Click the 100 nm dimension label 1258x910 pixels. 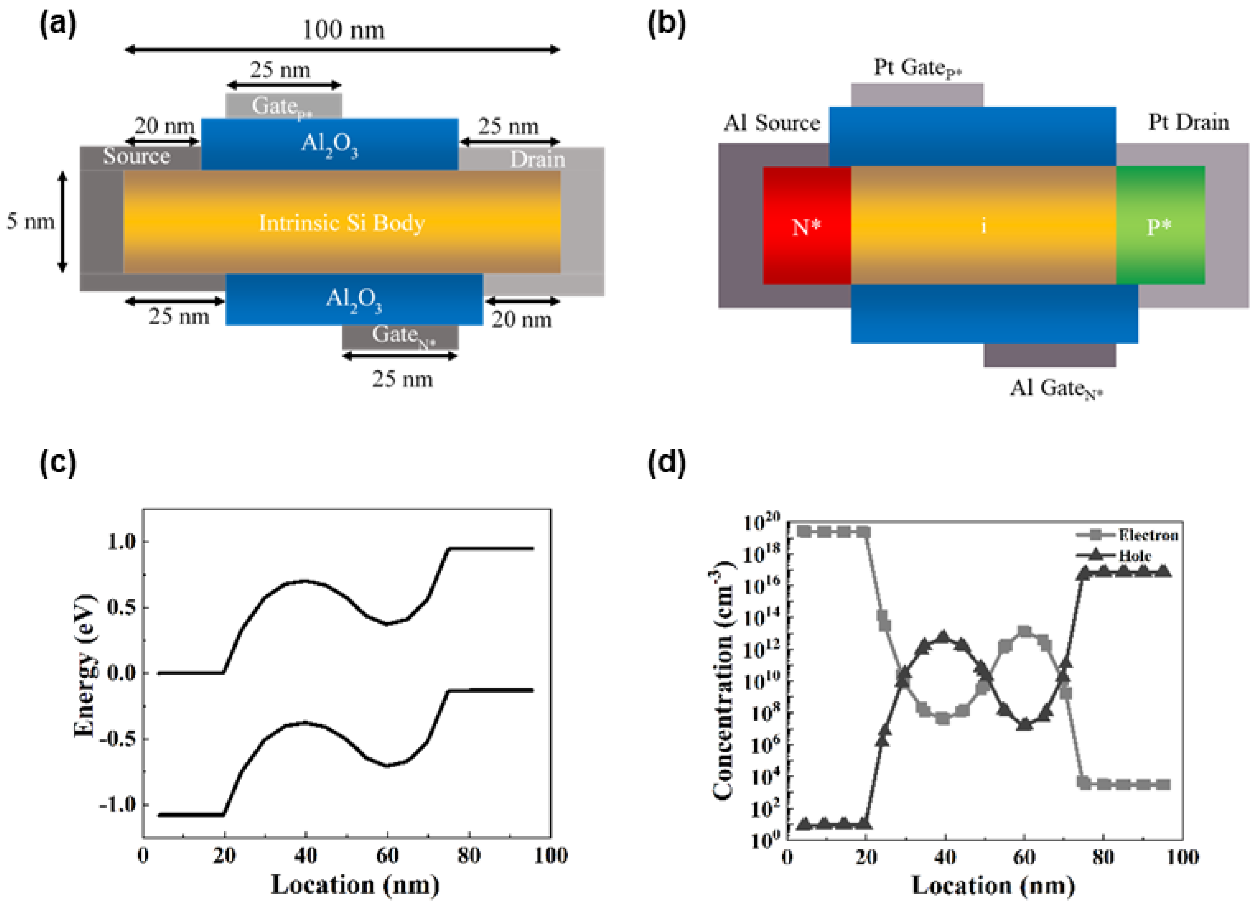tap(343, 30)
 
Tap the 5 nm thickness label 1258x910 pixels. tap(30, 222)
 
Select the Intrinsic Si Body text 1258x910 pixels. tap(342, 223)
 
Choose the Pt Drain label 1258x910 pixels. tap(1188, 123)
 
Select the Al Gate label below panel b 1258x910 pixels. tap(1055, 389)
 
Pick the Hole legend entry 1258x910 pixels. tap(1134, 555)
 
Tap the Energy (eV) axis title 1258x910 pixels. tap(84, 666)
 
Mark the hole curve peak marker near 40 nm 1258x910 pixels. tap(943, 636)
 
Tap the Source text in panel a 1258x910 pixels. tap(136, 156)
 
